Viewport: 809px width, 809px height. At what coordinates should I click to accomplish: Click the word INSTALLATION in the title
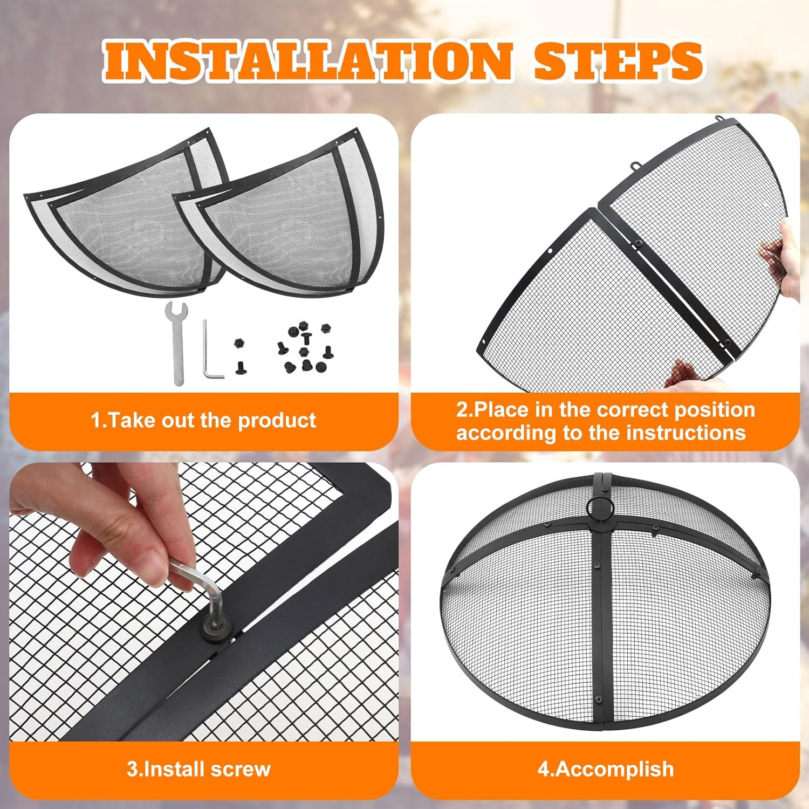coord(307,60)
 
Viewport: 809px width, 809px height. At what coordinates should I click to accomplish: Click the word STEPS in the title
coord(618,60)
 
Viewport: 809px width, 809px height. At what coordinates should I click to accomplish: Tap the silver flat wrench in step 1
coord(177,342)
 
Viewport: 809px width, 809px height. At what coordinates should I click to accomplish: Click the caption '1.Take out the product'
coord(203,420)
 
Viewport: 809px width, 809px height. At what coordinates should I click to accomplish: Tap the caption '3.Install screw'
coord(198,769)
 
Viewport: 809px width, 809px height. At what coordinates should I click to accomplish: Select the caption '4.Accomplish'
coord(605,769)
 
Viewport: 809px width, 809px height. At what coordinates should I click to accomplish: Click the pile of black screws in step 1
coord(305,348)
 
